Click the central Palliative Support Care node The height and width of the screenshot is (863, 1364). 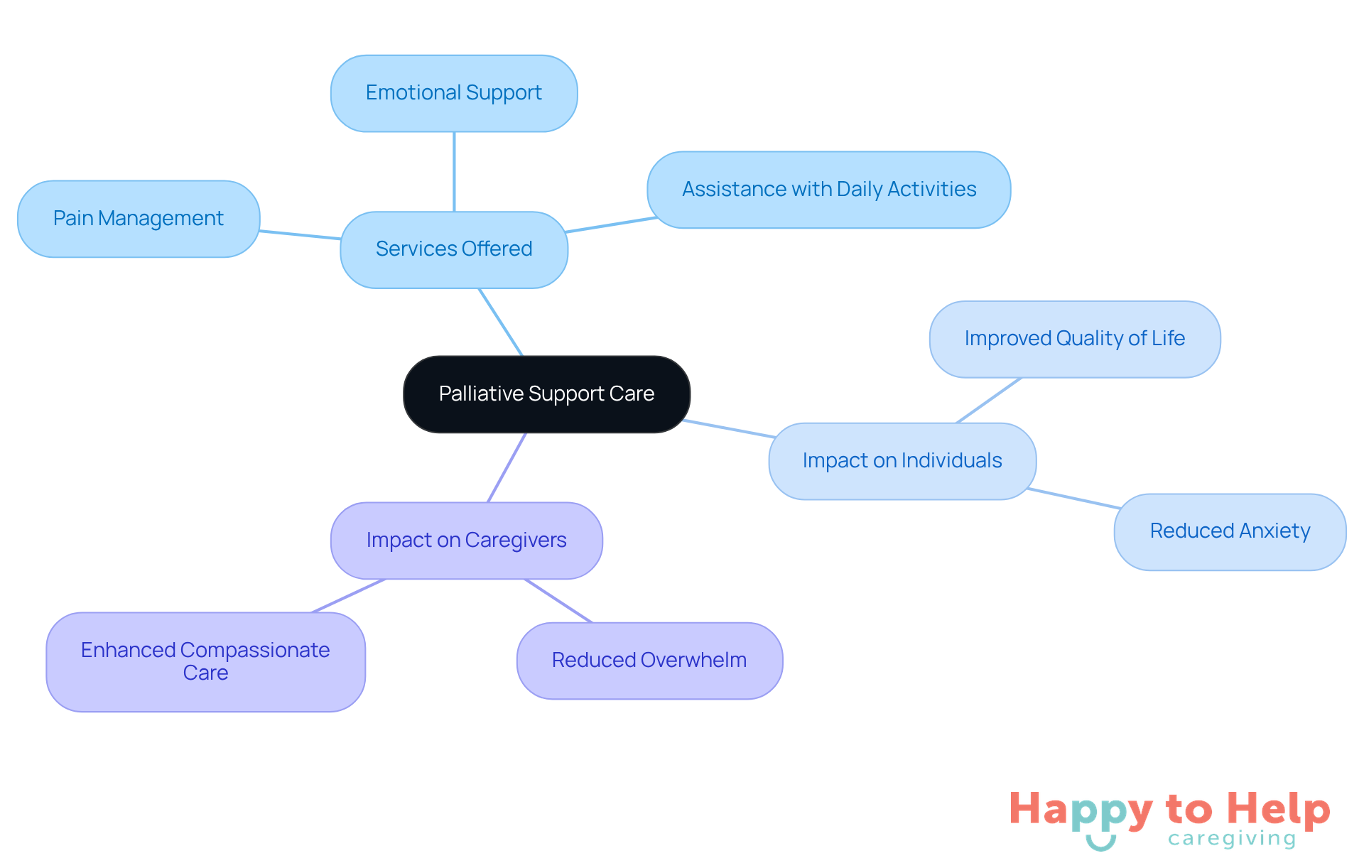coord(546,394)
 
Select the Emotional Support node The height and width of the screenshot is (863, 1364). coord(454,93)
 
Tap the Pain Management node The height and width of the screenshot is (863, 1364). coord(139,219)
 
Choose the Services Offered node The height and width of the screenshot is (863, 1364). coord(454,249)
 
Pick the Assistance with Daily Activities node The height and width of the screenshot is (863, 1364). coord(828,190)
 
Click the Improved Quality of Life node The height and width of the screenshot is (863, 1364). coord(1074,339)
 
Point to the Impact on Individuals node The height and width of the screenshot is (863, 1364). coord(902,461)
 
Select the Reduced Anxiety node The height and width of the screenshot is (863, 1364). coord(1230,531)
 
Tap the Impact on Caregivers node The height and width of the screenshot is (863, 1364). coord(466,541)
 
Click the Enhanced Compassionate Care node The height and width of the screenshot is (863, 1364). coord(205,661)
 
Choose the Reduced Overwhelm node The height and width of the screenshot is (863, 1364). coord(649,661)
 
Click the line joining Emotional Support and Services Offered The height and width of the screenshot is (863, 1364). coord(454,172)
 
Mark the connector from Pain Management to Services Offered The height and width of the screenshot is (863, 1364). coord(300,235)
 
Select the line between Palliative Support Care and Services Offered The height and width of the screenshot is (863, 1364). coord(501,322)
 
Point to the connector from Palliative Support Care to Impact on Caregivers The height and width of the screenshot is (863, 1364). coord(507,467)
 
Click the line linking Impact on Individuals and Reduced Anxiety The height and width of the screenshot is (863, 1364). coord(1073,498)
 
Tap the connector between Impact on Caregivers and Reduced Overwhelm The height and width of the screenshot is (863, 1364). coord(558,600)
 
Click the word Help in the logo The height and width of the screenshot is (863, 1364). coord(1278,809)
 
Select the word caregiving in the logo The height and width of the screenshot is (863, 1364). coord(1232,839)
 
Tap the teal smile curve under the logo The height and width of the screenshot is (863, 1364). coord(1100,844)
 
